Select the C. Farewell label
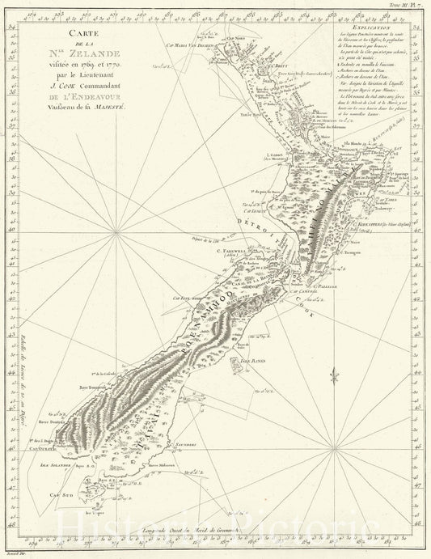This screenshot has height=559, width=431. click(253, 250)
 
